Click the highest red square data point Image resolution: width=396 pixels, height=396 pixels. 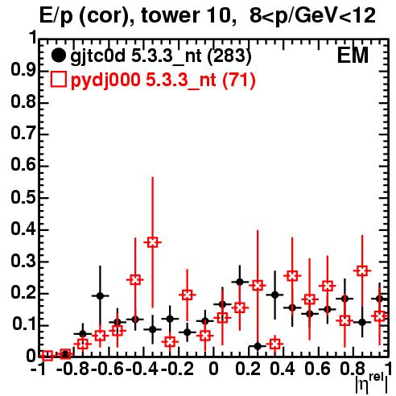(x=152, y=242)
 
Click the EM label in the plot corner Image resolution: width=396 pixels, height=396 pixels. (x=353, y=56)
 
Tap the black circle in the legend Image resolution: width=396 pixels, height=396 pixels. (x=58, y=56)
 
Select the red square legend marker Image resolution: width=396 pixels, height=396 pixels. (x=58, y=80)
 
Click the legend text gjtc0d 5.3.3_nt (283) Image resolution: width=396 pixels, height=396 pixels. (x=161, y=56)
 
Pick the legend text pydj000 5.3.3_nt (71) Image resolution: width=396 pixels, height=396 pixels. (x=163, y=80)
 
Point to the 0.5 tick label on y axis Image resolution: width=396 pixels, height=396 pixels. (x=23, y=198)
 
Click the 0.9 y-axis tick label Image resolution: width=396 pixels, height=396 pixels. (x=23, y=71)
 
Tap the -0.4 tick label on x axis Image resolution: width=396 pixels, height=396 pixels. (x=142, y=369)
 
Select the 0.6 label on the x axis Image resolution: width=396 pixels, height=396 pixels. (x=317, y=369)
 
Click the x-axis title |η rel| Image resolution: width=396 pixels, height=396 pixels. (x=372, y=382)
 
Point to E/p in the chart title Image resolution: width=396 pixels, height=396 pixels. (x=56, y=17)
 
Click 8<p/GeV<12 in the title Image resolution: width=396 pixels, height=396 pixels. (x=312, y=17)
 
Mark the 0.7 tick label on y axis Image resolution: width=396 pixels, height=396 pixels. (x=23, y=134)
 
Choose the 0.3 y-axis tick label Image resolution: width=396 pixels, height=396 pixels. (x=23, y=262)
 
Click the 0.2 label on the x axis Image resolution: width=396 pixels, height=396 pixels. (x=248, y=369)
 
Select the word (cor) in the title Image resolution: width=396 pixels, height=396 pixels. (x=107, y=17)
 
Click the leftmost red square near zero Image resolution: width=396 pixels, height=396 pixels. (x=47, y=356)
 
